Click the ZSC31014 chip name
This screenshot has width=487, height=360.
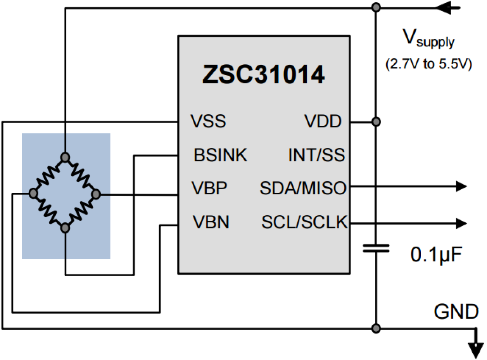pos(263,75)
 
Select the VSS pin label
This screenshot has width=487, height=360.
pos(208,122)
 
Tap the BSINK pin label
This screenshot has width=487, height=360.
pos(220,156)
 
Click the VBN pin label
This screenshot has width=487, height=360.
pos(211,222)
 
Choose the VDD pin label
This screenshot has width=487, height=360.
pos(323,122)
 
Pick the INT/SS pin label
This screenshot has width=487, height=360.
pos(316,156)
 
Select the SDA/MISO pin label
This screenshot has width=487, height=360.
pos(303,189)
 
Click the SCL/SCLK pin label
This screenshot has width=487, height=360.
pos(304,222)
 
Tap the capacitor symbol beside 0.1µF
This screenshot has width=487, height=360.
pos(376,248)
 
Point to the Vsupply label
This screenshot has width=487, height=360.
pos(428,39)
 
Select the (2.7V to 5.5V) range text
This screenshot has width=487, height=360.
pos(428,64)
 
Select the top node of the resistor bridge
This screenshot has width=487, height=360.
pos(66,157)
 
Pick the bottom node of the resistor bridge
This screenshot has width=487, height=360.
pos(66,228)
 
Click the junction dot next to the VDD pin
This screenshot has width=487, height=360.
pos(375,122)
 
